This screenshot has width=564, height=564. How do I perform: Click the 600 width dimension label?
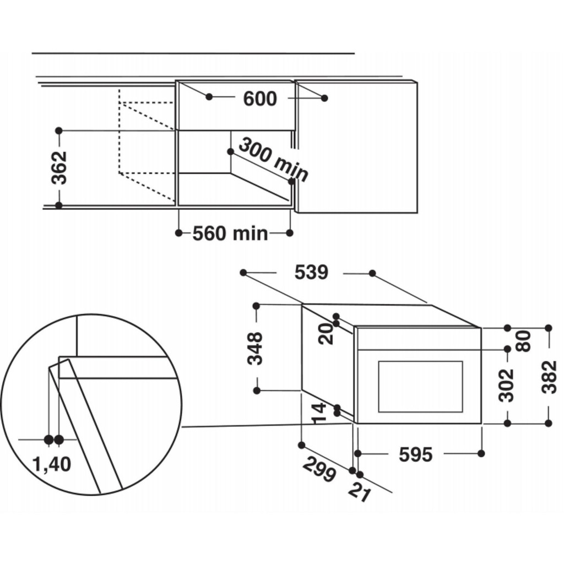[x=259, y=99]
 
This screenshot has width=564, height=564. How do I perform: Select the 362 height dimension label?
[x=59, y=167]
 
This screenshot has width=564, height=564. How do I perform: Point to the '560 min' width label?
[x=230, y=234]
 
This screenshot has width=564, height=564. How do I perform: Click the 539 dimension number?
[x=311, y=273]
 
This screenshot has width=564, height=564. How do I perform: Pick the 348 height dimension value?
[x=256, y=348]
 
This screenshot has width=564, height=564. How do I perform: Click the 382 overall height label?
[x=549, y=377]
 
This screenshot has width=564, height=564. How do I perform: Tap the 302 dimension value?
[x=507, y=385]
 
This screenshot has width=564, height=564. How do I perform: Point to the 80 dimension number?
[x=523, y=340]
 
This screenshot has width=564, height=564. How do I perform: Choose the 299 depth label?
[x=319, y=470]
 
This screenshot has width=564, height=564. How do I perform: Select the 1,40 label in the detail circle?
[x=52, y=464]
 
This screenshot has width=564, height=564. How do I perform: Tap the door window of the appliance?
[x=420, y=387]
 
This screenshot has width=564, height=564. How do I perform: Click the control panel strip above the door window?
[x=419, y=339]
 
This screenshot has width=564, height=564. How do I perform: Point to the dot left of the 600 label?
[x=209, y=97]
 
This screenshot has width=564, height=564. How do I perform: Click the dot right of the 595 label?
[x=481, y=453]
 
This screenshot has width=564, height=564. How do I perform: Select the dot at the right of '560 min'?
[x=290, y=233]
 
